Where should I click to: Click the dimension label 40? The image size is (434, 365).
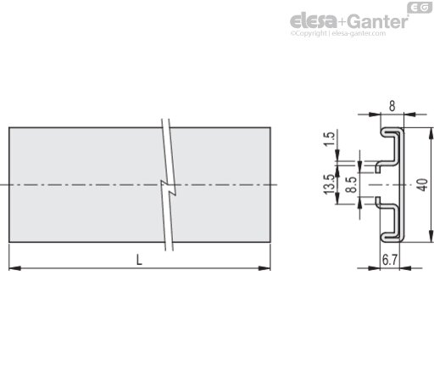tap(423, 185)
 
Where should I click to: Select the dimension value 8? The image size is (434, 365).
tap(392, 106)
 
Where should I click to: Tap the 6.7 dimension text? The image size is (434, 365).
tap(390, 260)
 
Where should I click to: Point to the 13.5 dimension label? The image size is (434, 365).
tap(329, 184)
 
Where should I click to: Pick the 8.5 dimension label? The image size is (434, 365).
tap(352, 185)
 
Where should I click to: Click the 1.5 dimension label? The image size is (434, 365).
tap(329, 138)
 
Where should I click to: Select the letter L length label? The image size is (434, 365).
tap(139, 260)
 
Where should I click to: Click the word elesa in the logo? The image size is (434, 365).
tap(314, 20)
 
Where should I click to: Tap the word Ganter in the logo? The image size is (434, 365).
tap(377, 21)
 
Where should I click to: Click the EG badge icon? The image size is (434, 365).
tap(420, 8)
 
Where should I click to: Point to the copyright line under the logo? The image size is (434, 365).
tap(338, 33)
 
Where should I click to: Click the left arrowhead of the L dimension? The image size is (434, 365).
tap(15, 268)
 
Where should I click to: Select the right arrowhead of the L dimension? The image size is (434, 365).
tap(264, 268)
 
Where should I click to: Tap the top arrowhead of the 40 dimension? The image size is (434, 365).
tap(431, 133)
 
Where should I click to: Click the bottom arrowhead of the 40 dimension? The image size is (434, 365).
tap(431, 236)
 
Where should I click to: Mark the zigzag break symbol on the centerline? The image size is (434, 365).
tap(169, 188)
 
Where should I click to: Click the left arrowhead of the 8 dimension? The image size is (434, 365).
tap(375, 115)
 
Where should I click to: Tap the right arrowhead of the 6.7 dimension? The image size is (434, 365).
tap(406, 268)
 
